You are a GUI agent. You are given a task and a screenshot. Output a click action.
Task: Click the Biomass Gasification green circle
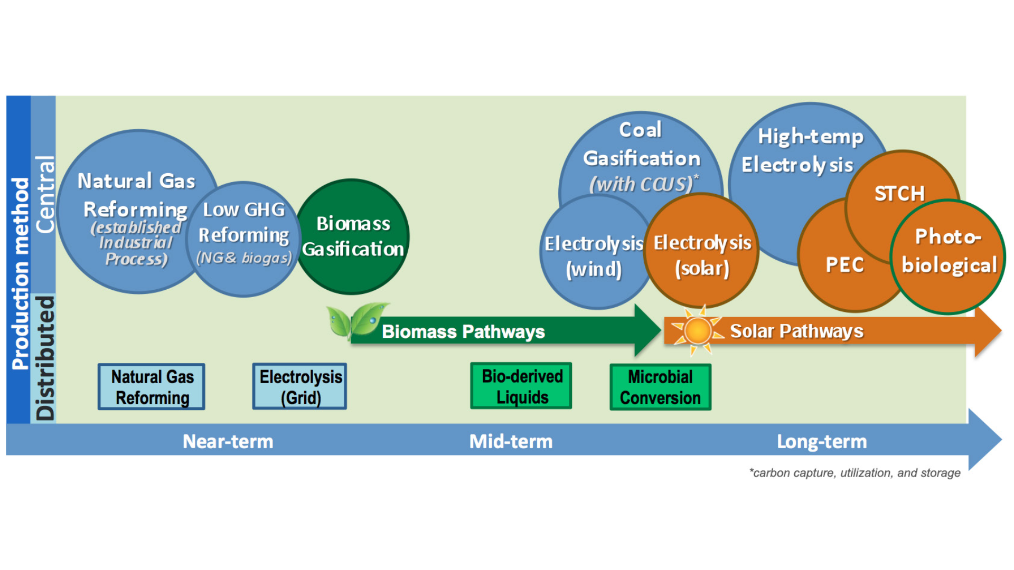tap(353, 236)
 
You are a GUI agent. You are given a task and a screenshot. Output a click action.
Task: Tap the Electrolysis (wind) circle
tap(594, 255)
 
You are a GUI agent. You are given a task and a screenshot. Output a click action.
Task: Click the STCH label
tap(899, 194)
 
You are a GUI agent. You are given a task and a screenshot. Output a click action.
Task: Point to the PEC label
tap(844, 265)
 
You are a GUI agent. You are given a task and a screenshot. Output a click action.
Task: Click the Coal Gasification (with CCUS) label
tap(641, 157)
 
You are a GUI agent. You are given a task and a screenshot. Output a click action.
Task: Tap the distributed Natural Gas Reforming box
tap(152, 387)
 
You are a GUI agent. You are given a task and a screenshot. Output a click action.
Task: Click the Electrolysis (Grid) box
tap(300, 387)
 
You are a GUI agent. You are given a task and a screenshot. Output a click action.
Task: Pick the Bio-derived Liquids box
tap(521, 386)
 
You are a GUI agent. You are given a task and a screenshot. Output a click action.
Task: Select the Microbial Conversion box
tap(660, 387)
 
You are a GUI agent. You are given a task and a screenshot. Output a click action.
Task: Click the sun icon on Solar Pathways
tap(697, 331)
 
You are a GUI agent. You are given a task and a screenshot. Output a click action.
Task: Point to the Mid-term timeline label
tap(511, 441)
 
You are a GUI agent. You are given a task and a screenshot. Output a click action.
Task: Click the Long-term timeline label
tap(822, 441)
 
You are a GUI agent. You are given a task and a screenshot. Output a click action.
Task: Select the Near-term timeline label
tap(228, 441)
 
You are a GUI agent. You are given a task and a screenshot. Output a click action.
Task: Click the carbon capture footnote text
tap(855, 473)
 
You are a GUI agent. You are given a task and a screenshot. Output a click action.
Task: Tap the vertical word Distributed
tap(45, 358)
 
